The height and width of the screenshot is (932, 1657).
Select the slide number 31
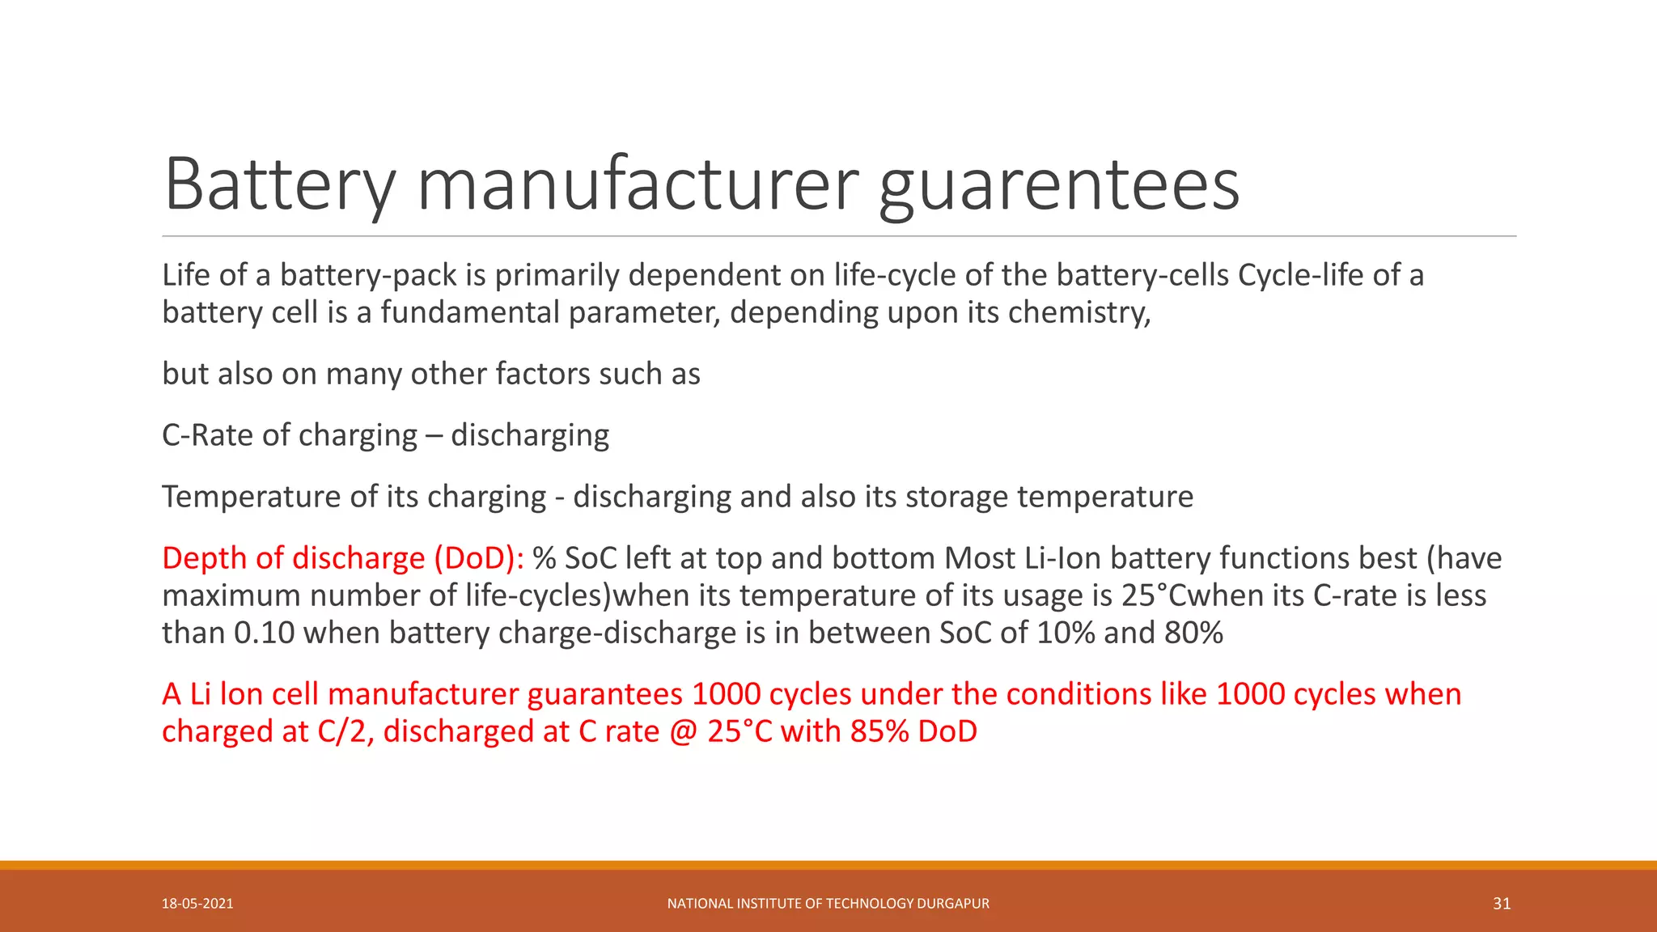click(1502, 904)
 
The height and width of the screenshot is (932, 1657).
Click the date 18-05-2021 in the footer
click(197, 904)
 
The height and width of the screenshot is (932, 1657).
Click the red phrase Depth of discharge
click(293, 558)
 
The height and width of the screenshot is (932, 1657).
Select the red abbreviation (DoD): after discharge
click(479, 558)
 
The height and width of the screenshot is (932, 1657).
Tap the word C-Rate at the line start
click(206, 435)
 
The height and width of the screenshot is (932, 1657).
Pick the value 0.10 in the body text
click(264, 633)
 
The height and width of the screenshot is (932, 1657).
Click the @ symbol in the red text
click(684, 731)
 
